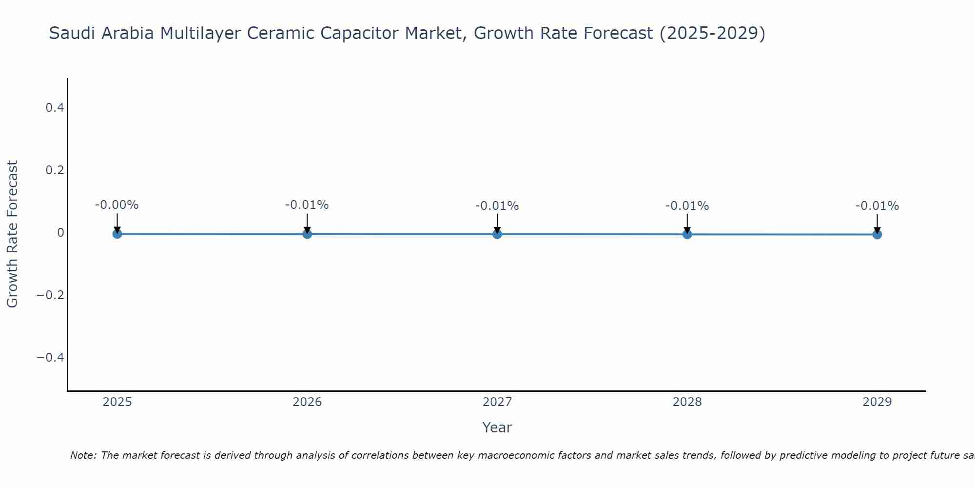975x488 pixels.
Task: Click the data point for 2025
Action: [x=117, y=234]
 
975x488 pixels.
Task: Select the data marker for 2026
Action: [x=307, y=234]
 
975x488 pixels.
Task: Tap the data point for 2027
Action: [x=497, y=234]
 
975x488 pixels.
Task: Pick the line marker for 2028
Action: [x=687, y=234]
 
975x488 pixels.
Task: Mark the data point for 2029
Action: [x=877, y=234]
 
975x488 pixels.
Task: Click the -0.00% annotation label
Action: [x=117, y=205]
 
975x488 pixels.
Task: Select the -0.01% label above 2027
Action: [x=497, y=206]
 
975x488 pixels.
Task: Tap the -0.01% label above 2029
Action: [x=877, y=206]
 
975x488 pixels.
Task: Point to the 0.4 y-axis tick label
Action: [x=55, y=107]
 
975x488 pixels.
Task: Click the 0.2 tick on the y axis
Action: [x=55, y=170]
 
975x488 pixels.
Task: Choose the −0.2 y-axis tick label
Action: [x=51, y=295]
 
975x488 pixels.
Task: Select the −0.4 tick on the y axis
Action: [x=51, y=358]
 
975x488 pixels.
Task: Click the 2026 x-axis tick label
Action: [x=307, y=402]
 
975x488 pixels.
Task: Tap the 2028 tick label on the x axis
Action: [x=687, y=402]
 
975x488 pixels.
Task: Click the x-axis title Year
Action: [x=497, y=427]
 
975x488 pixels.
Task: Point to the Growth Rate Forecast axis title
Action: [x=12, y=234]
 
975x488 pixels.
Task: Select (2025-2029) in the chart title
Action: [x=712, y=33]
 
